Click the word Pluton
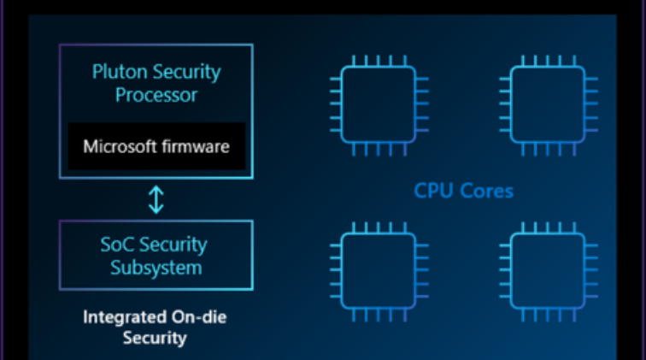pyautogui.click(x=116, y=72)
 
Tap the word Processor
pyautogui.click(x=156, y=94)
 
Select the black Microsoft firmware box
pyautogui.click(x=156, y=145)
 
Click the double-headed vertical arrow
pyautogui.click(x=156, y=199)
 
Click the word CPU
pyautogui.click(x=433, y=190)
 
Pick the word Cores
pyautogui.click(x=484, y=190)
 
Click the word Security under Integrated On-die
pyautogui.click(x=155, y=338)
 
